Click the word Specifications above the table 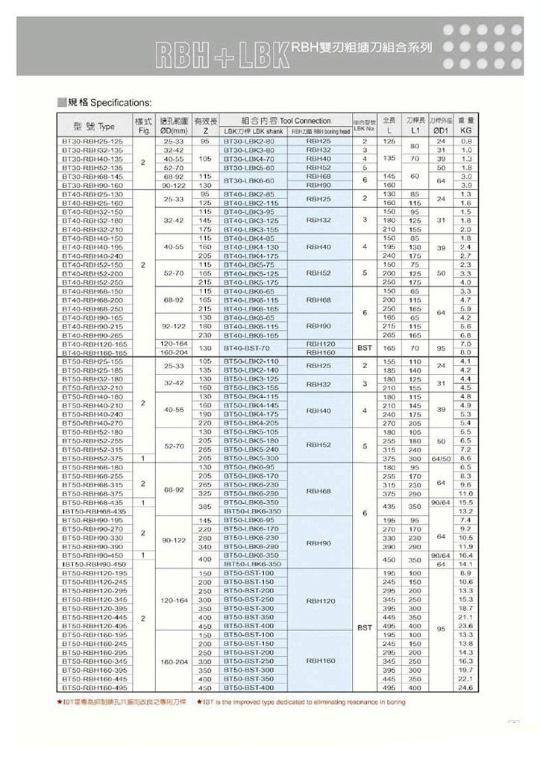pos(120,101)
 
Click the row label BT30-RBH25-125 pos(92,140)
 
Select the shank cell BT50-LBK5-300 pos(249,458)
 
